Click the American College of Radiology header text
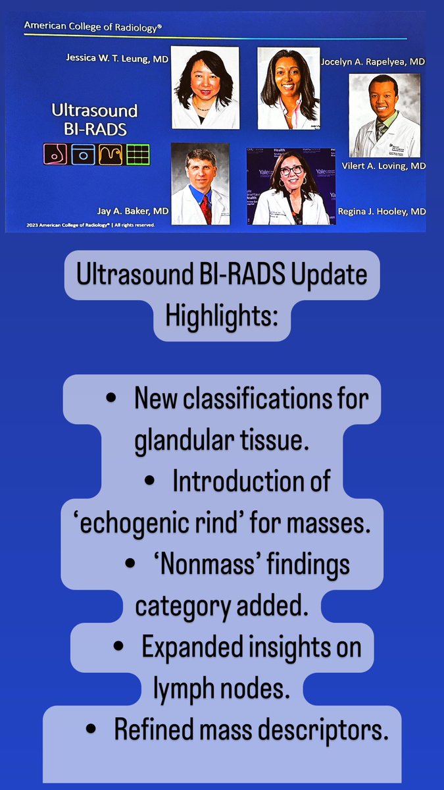tap(93, 26)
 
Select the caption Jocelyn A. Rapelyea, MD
tap(373, 61)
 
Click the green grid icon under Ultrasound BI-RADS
tap(138, 154)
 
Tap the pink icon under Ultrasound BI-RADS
tap(55, 154)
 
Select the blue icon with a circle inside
tap(83, 154)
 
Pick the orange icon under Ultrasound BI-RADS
tap(111, 154)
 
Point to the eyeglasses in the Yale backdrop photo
tap(292, 170)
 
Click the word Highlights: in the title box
tap(222, 317)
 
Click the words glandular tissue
tap(222, 441)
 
